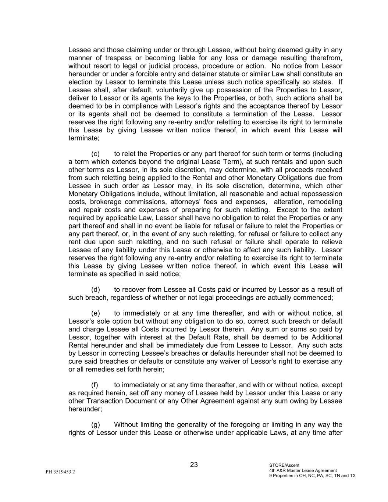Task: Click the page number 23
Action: point(194,465)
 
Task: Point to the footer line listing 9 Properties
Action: point(312,476)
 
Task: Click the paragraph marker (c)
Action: point(95,154)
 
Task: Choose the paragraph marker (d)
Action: point(95,290)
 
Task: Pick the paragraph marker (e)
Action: point(95,313)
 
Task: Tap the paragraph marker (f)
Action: point(95,385)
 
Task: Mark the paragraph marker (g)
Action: point(95,425)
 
